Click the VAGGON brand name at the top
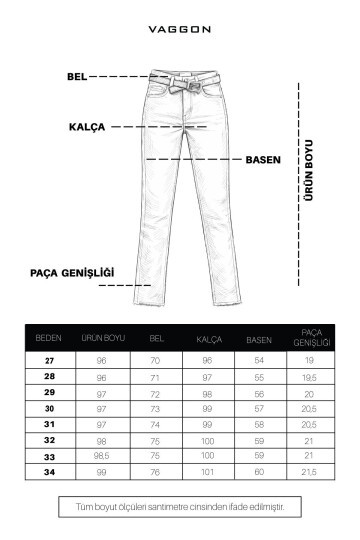pos(180,29)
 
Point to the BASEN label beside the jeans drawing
pos(263,159)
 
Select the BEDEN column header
pos(48,339)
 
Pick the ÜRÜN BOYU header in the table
pos(102,339)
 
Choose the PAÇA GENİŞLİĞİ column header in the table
pos(310,338)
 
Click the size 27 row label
pos(48,360)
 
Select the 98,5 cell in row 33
pos(102,456)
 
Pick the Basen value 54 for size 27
pos(259,360)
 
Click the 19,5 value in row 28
pos(310,376)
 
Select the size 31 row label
pos(48,424)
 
